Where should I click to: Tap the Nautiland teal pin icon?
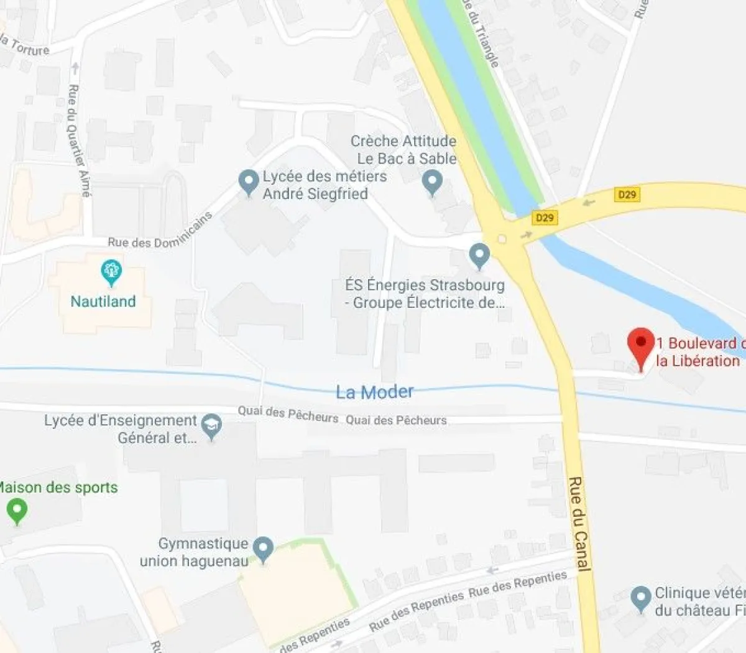coord(111,272)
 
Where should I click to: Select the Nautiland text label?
coord(103,302)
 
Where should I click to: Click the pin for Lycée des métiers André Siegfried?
coord(249,181)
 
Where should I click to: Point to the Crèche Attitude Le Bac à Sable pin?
coord(432,182)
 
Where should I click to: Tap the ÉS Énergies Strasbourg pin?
coord(479,255)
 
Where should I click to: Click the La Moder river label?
coord(374,392)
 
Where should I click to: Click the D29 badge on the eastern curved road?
coord(627,195)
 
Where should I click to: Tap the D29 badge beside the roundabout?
coord(545,218)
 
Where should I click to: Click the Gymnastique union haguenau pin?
coord(264,549)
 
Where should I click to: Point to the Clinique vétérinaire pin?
coord(640,598)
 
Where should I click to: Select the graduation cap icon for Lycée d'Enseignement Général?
coord(212,425)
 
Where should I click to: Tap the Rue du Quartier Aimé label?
coord(79,141)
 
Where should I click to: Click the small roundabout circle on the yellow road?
coord(502,239)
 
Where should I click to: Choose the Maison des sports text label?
coord(58,488)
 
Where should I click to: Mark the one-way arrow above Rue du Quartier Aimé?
coord(75,67)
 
